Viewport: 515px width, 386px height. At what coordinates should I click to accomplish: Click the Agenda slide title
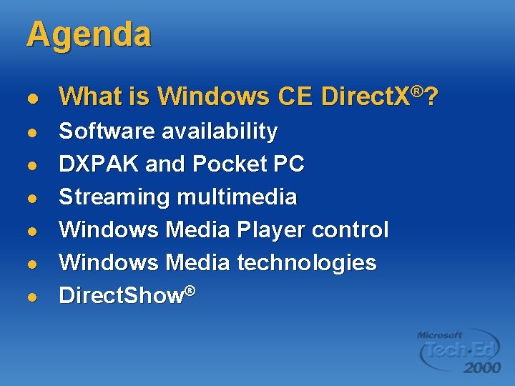(x=89, y=34)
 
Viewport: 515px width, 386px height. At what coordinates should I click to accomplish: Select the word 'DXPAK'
(x=99, y=164)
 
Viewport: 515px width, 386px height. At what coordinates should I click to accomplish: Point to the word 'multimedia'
(x=237, y=197)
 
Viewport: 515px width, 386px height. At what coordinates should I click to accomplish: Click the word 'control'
(x=351, y=229)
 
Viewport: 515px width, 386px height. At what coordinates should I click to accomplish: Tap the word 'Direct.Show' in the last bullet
(x=122, y=296)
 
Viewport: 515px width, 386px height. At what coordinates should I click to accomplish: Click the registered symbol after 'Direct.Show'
(x=191, y=289)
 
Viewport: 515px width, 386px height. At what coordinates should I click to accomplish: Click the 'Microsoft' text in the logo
(x=440, y=335)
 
